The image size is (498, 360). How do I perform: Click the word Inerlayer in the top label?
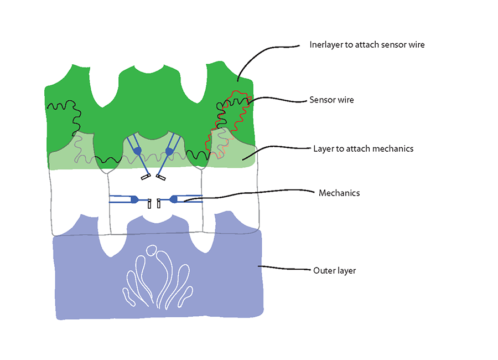tap(325, 45)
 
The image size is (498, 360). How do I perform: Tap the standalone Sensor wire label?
tap(331, 100)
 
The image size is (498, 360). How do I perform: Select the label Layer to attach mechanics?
tap(364, 148)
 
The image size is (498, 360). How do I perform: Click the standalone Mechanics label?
tap(339, 193)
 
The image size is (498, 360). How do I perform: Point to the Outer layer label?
tap(334, 271)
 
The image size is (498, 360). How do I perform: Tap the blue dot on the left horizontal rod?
tap(134, 199)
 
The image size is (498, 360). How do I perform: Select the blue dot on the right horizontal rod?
tap(173, 199)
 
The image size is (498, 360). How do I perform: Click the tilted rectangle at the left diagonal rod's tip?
tap(145, 177)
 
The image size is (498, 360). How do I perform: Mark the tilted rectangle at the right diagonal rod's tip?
tap(161, 177)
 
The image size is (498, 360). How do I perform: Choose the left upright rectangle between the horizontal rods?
tap(149, 203)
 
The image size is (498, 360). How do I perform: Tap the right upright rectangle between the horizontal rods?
tap(159, 203)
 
